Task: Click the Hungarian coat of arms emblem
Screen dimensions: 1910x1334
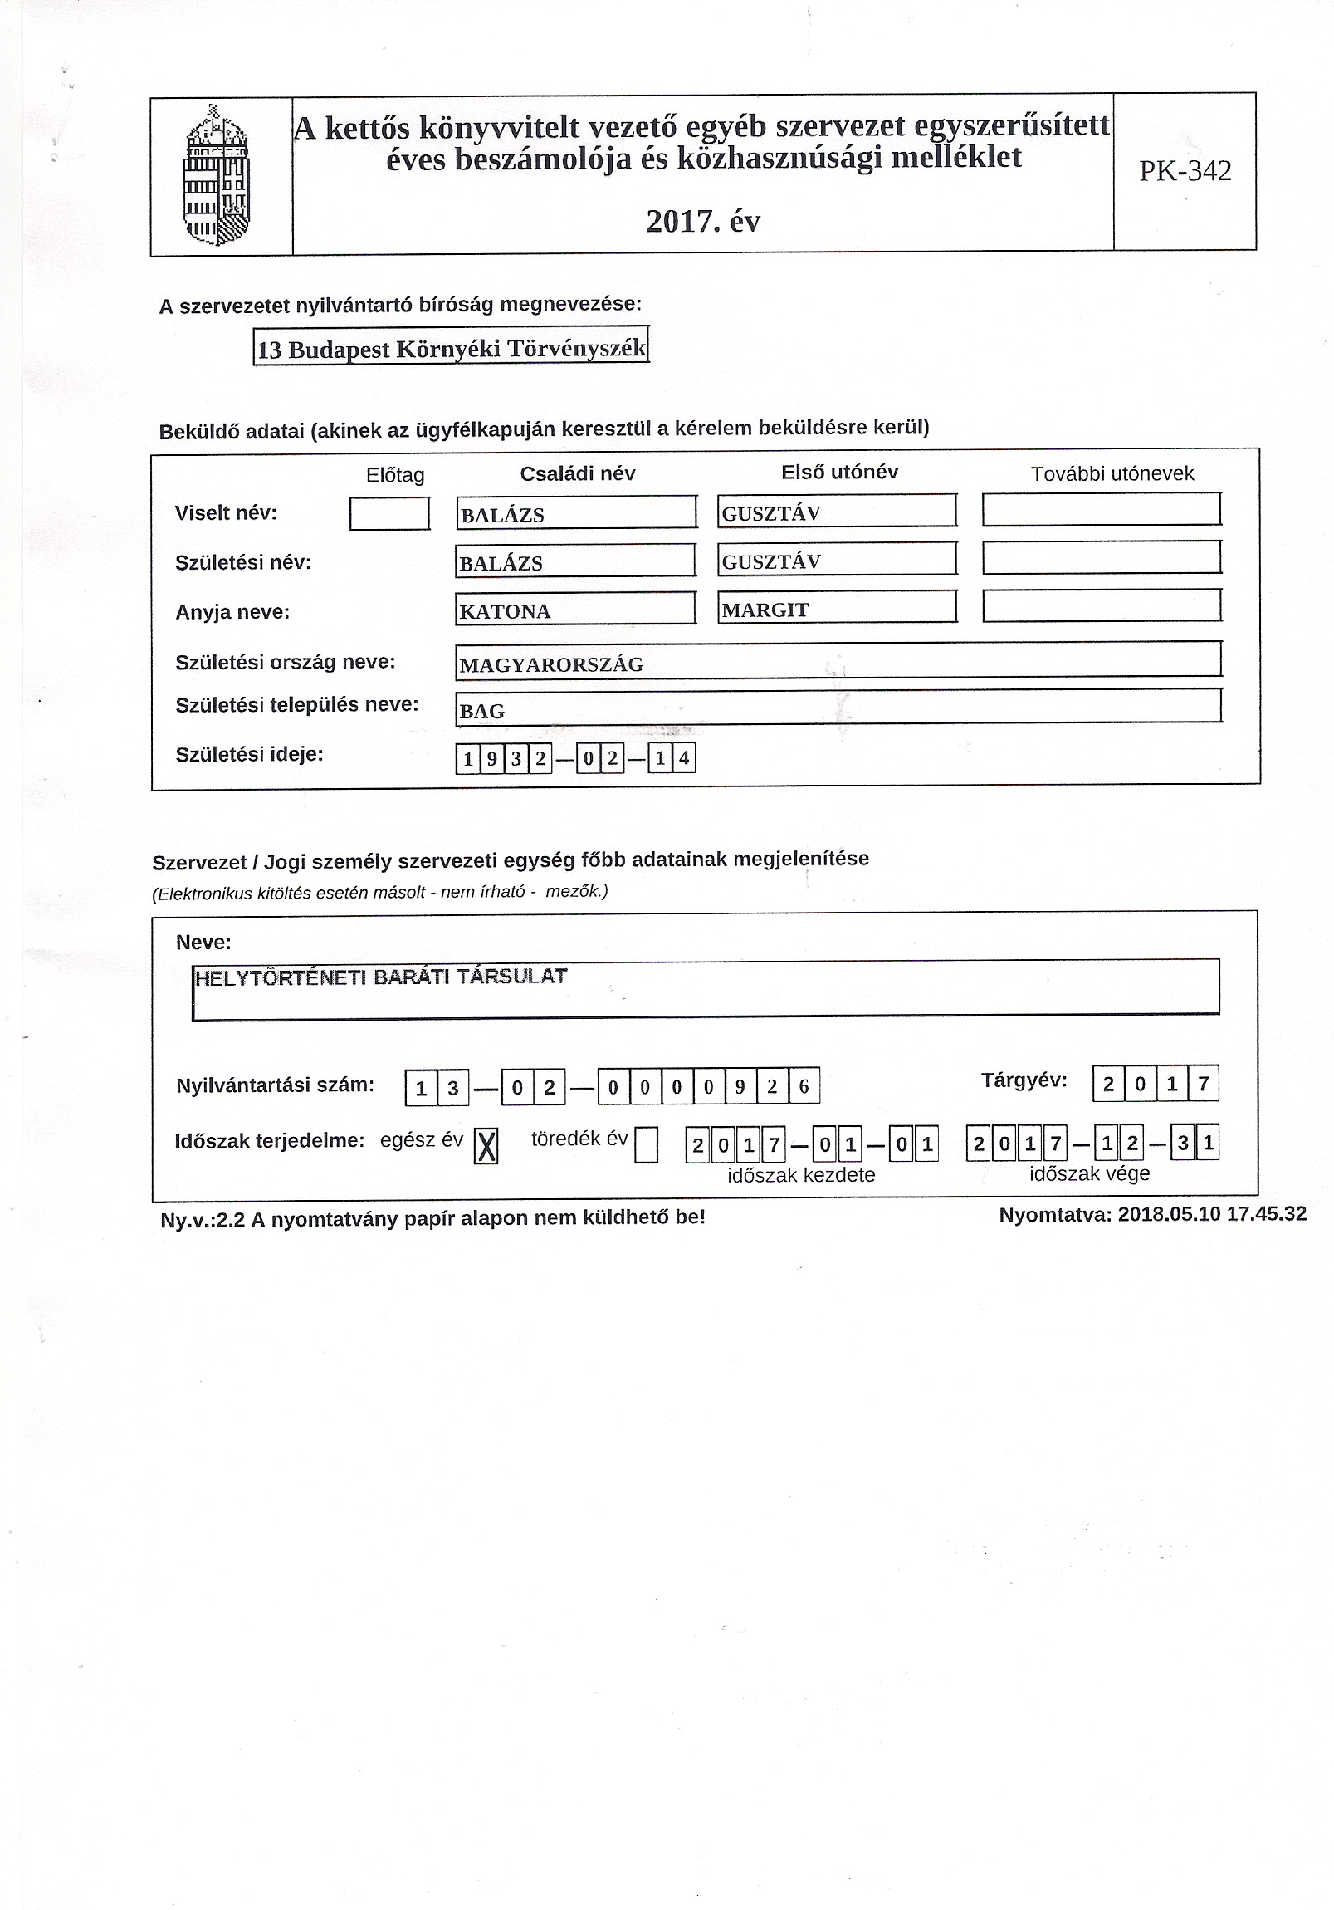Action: tap(216, 175)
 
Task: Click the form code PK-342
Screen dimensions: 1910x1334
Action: tap(1185, 171)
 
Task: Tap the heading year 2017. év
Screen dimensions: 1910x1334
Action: tap(703, 221)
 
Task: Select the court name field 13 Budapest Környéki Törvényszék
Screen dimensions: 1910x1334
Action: tap(451, 347)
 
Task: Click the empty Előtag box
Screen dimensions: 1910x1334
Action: tap(389, 513)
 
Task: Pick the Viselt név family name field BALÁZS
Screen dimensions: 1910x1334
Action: tap(575, 513)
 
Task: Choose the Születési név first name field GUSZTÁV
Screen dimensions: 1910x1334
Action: tap(837, 561)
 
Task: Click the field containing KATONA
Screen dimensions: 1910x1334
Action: tap(575, 610)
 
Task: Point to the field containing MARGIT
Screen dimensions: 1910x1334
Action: tap(837, 608)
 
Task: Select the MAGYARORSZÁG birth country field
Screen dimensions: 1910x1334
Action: tap(838, 662)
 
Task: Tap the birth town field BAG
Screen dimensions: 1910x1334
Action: tap(838, 708)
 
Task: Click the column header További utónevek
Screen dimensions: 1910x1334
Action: tap(1112, 474)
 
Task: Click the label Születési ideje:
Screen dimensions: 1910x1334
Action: tap(250, 755)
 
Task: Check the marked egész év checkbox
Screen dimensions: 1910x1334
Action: tap(486, 1147)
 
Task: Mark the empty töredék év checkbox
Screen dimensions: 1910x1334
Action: tap(646, 1145)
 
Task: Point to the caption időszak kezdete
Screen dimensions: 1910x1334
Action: tap(801, 1175)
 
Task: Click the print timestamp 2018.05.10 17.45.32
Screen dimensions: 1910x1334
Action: tap(1212, 1214)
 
